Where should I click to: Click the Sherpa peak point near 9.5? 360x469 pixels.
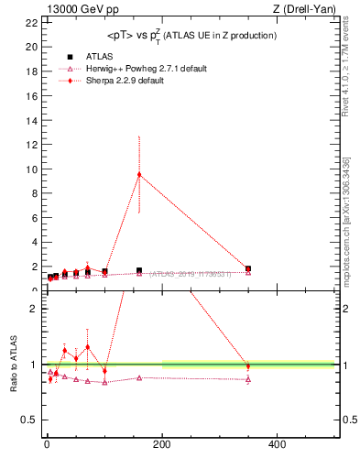coord(139,174)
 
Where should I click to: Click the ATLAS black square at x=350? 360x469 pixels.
coord(248,268)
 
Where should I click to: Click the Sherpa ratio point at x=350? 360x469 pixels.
coord(248,366)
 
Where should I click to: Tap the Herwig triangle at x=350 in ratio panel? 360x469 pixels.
coord(248,379)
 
